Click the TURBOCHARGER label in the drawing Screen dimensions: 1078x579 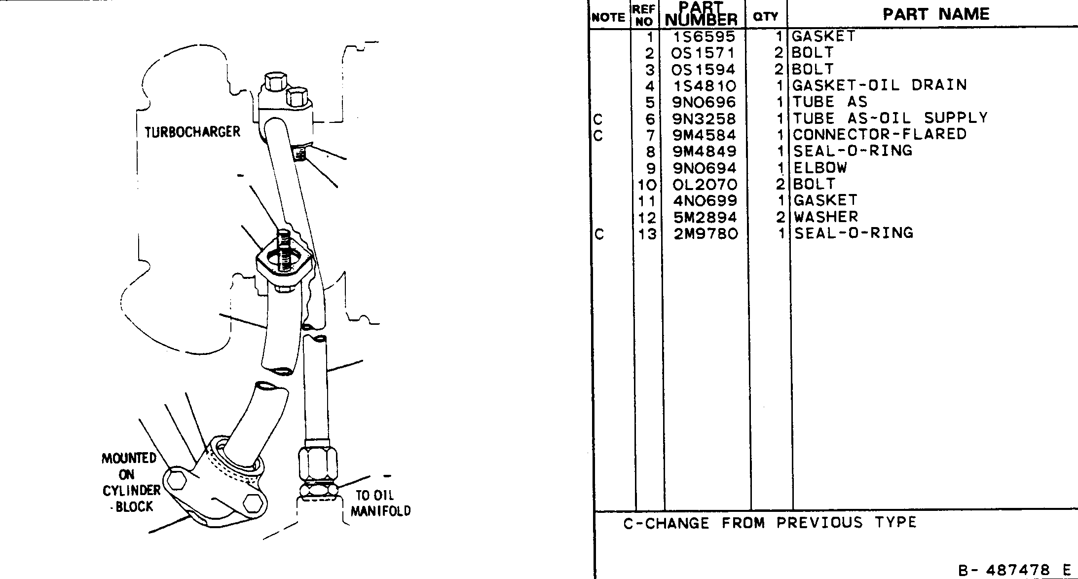[x=192, y=132]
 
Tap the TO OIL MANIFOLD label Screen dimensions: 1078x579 [x=380, y=503]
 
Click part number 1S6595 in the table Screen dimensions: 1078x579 [x=704, y=37]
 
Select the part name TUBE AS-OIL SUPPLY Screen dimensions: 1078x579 [x=890, y=118]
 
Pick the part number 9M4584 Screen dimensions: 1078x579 [x=705, y=135]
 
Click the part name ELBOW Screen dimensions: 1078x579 [x=820, y=167]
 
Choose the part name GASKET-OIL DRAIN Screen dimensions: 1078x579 [x=880, y=85]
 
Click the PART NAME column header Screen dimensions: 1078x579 [x=936, y=14]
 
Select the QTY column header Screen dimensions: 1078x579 [x=766, y=17]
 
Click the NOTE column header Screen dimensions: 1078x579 [x=608, y=17]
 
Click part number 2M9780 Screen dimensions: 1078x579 [x=706, y=233]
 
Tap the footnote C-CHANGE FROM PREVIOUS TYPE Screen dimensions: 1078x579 [x=770, y=523]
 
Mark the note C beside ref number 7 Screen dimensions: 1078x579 [x=598, y=135]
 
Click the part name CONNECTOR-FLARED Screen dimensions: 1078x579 [x=880, y=134]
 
